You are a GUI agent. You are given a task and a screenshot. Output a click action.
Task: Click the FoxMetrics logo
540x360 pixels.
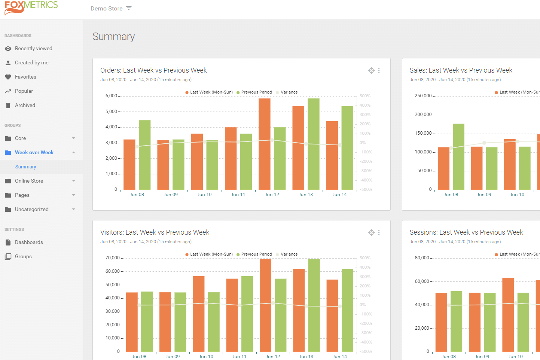[31, 7]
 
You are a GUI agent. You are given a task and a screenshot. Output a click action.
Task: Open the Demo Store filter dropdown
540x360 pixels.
[129, 8]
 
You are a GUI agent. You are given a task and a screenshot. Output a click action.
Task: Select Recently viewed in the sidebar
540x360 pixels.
[33, 49]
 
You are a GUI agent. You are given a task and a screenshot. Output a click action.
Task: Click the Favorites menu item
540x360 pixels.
[25, 77]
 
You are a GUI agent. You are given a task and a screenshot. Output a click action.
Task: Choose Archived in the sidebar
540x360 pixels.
[25, 106]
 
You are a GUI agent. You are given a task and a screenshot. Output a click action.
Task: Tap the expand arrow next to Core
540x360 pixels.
[74, 138]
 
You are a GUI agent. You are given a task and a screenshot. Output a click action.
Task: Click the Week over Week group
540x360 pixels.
[34, 153]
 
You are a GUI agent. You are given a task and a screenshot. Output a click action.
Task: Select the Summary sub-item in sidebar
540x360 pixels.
[25, 167]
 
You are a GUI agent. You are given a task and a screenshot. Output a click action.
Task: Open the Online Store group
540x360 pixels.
[29, 181]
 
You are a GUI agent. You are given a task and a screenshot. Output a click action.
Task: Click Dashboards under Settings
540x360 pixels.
[29, 242]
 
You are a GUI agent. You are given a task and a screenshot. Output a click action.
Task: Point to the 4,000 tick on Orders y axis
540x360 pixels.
[111, 127]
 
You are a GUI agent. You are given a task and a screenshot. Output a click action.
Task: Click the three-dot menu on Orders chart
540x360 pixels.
[379, 71]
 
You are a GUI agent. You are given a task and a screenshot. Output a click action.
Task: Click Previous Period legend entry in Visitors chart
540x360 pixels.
[256, 254]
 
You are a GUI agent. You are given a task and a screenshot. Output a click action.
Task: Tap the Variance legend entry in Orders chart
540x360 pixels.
[289, 92]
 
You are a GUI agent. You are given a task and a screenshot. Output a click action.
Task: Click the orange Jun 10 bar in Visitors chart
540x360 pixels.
[199, 314]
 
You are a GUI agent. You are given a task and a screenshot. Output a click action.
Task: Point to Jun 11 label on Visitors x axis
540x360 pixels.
[239, 357]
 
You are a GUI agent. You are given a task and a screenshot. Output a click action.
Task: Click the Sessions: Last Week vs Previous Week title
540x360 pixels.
[466, 232]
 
